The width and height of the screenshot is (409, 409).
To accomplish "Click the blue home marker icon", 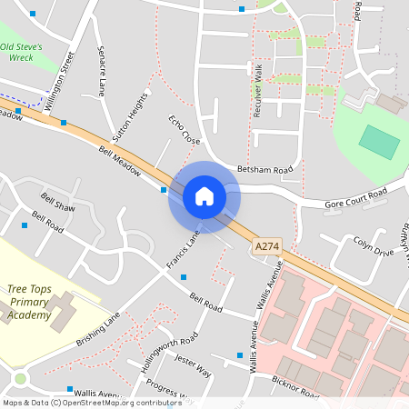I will (x=204, y=196).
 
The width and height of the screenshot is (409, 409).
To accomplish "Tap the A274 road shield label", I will (x=267, y=245).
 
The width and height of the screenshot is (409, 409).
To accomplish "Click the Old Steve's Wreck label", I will (x=30, y=51).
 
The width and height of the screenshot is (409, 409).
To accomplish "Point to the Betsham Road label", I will (x=265, y=170).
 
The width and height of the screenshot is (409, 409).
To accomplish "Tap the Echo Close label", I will (x=184, y=130).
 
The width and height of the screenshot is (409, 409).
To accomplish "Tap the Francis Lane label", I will (x=182, y=250).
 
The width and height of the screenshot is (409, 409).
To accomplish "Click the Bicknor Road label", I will (x=296, y=387).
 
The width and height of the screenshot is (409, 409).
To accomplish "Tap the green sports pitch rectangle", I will (x=379, y=141).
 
